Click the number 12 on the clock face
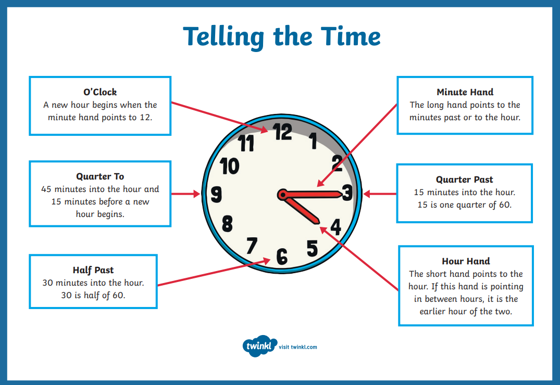(x=283, y=132)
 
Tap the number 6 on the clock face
(x=282, y=256)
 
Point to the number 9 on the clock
(x=216, y=195)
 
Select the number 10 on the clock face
(x=229, y=166)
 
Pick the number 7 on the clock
(x=252, y=246)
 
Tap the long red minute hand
(x=310, y=195)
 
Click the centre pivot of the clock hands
(x=282, y=195)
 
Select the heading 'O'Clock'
(x=100, y=92)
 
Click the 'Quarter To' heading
(x=100, y=176)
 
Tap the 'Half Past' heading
(x=93, y=270)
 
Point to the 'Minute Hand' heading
(x=465, y=92)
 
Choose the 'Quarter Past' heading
(x=464, y=179)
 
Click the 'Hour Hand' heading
(x=466, y=261)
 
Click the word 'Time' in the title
(x=351, y=36)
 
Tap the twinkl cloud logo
(x=259, y=346)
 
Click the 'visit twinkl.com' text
(x=298, y=347)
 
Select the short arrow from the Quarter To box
(x=186, y=194)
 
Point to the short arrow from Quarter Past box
(x=380, y=194)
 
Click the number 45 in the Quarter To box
(x=46, y=189)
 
